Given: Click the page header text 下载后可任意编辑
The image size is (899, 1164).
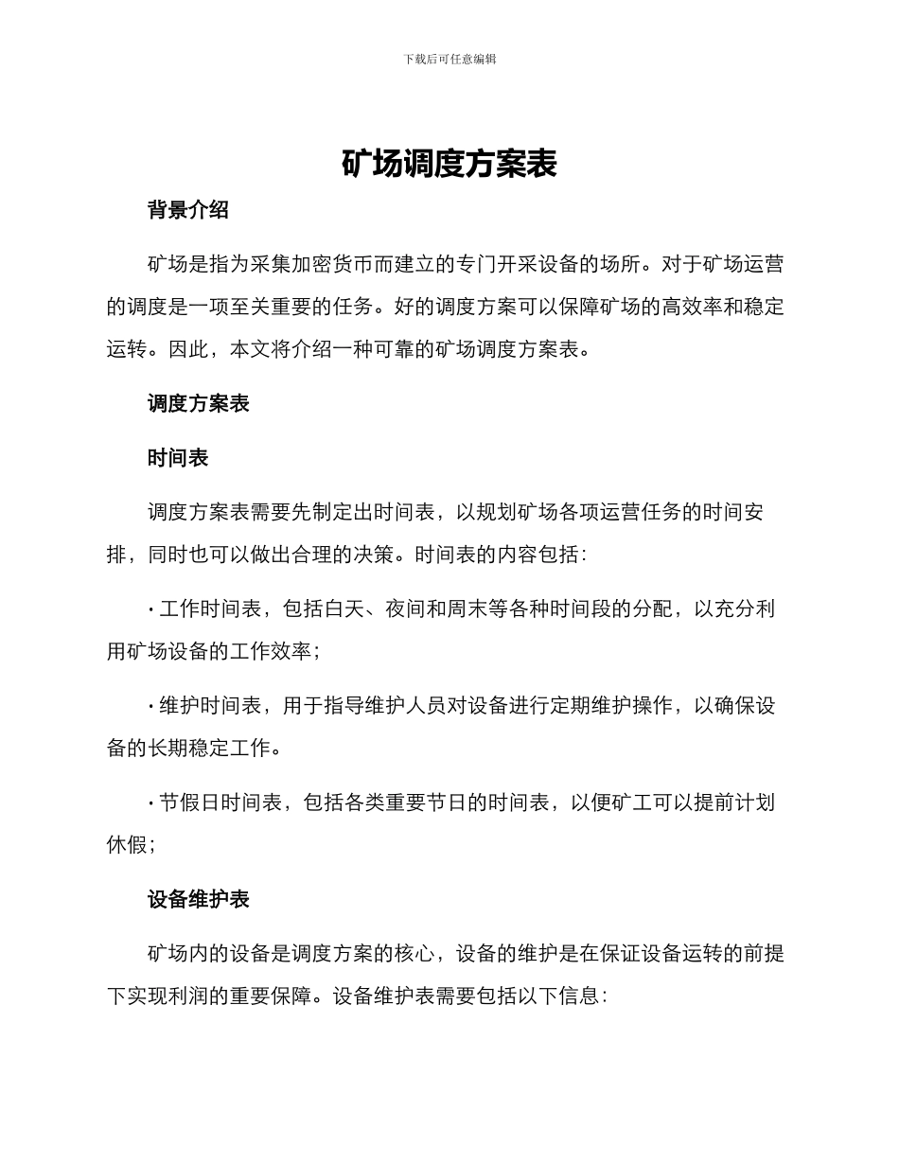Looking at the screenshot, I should click(449, 59).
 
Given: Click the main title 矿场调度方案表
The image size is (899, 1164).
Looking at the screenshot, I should click(449, 165).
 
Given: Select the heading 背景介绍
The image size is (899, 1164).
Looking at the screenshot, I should click(188, 211).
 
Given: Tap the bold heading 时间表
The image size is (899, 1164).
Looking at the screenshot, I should click(178, 458).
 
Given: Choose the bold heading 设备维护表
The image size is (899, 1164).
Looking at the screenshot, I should click(199, 899).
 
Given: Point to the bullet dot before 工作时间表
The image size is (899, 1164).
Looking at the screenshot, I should click(151, 609).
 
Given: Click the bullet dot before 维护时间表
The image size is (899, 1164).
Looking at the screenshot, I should click(151, 706).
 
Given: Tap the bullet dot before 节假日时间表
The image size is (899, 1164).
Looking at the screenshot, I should click(151, 803).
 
